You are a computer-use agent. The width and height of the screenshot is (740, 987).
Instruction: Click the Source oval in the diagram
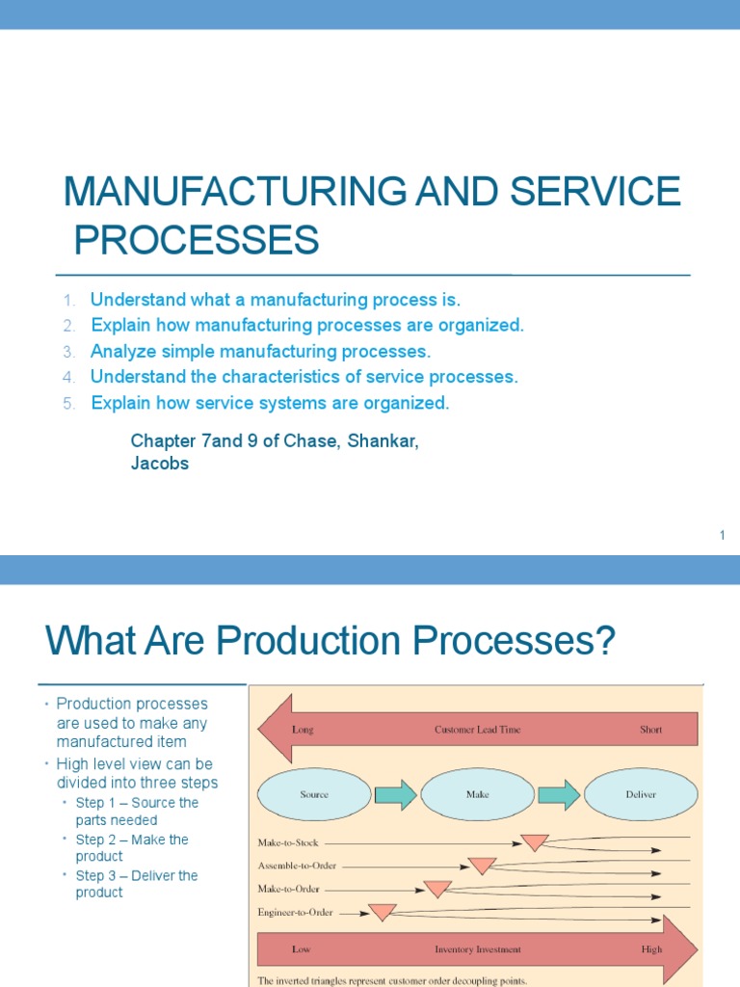pos(314,794)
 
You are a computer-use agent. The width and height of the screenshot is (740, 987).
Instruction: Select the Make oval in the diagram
pos(477,794)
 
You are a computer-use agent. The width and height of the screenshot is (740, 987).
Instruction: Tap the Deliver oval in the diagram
pos(641,794)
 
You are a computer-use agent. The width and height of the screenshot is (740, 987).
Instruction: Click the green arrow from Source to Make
pos(395,794)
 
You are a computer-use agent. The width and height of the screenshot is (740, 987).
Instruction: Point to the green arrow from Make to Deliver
pos(559,794)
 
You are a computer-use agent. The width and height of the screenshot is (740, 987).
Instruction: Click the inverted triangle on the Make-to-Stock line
pos(535,842)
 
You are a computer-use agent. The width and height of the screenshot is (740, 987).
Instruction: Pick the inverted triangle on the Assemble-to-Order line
pos(482,866)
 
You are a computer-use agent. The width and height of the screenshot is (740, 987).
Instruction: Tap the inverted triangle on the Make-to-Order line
pos(438,889)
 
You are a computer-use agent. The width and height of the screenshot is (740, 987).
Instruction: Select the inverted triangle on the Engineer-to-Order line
pos(383,911)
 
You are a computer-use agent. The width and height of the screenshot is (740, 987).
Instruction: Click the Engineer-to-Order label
pos(295,911)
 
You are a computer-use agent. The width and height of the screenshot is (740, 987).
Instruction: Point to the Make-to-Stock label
pos(287,842)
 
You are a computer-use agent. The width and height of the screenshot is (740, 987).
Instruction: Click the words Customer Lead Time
pos(477,730)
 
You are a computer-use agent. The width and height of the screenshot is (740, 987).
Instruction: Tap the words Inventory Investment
pos(477,949)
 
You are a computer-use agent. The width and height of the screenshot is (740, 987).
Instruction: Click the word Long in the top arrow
pos(303,730)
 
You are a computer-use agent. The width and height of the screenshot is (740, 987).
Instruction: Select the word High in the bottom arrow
pos(651,949)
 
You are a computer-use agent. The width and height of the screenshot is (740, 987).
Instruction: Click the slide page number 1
pos(722,535)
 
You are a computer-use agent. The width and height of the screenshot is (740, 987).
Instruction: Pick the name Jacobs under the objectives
pos(159,464)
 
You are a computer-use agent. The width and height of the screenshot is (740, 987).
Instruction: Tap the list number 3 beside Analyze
pos(69,351)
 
